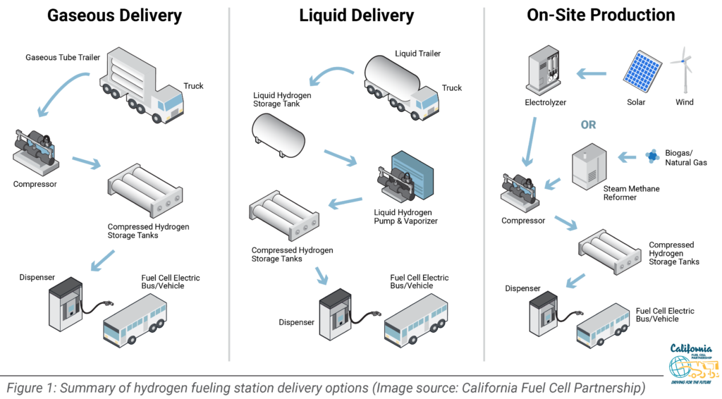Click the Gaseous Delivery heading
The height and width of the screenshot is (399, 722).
[x=114, y=15]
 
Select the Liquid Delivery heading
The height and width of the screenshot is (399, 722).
[x=357, y=15]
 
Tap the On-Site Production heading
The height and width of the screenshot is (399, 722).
[x=601, y=15]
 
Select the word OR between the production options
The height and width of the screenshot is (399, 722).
[x=588, y=125]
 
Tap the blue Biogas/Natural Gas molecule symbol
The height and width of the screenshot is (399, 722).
[x=652, y=155]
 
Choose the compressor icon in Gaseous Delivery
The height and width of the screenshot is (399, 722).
[x=35, y=152]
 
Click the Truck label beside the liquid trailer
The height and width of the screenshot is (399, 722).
[x=452, y=88]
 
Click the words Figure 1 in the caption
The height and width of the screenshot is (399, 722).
[x=27, y=387]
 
